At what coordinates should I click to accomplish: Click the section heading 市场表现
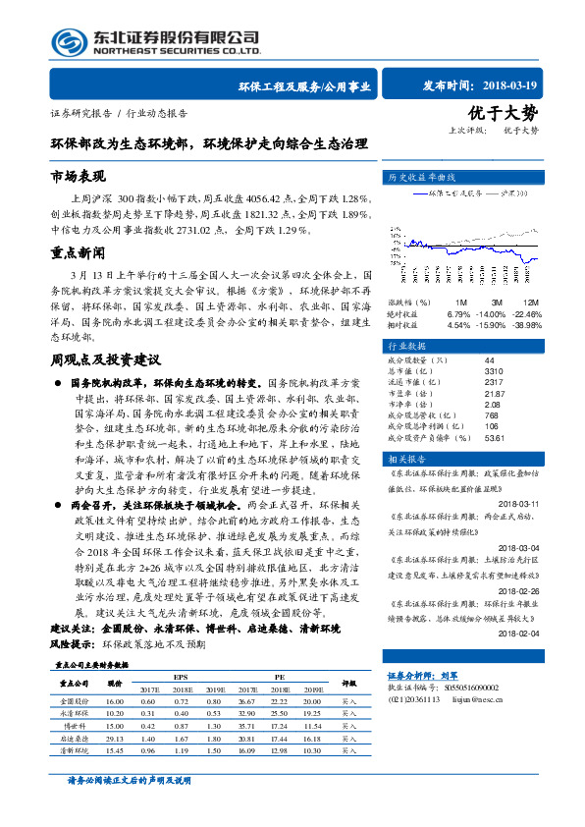(78, 177)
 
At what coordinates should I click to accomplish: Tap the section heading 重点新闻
(78, 252)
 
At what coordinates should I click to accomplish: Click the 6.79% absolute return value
(459, 314)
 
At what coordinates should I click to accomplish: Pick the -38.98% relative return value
(526, 324)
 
